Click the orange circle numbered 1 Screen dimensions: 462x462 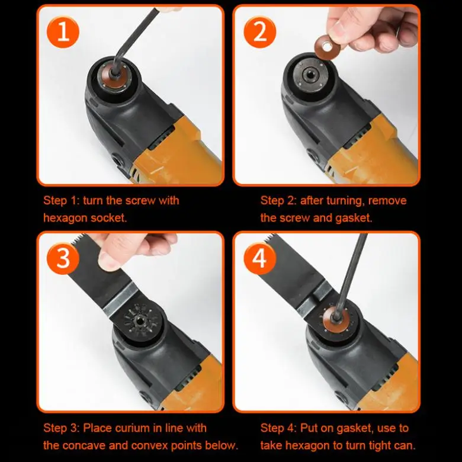pos(63,32)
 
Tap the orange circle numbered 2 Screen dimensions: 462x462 pos(260,32)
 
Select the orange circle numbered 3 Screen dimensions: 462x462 pos(63,258)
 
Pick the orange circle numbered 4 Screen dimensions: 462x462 pos(260,258)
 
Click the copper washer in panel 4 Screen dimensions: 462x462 pos(336,319)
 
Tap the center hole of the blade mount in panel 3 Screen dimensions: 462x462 pos(139,319)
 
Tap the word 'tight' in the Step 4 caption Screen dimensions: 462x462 pos(374,445)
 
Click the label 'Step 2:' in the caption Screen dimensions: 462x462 pos(279,201)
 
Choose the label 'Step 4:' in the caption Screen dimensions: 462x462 pos(278,428)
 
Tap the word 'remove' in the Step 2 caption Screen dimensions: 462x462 pos(387,201)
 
